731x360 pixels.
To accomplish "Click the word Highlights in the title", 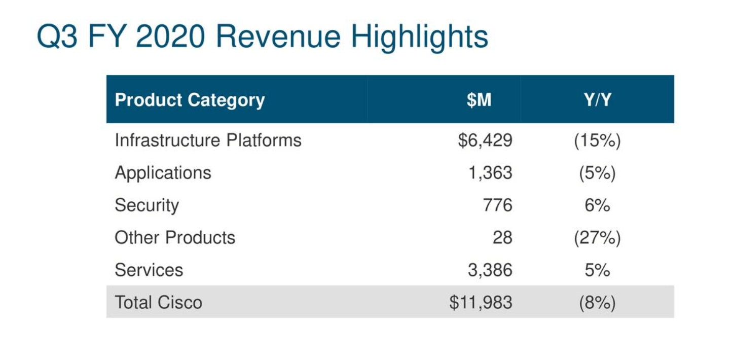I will point(419,37).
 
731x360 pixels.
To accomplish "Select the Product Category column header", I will point(190,100).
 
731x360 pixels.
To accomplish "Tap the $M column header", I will point(479,100).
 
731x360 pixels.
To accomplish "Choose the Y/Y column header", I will point(597,100).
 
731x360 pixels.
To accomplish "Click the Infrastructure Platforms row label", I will point(208,140).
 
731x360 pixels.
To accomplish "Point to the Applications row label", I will point(163,173).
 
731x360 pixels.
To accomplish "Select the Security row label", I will point(147,205).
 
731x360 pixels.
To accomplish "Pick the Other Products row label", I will point(175,238).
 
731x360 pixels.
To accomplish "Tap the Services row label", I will point(149,270).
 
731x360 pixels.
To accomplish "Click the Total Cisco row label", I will point(158,303).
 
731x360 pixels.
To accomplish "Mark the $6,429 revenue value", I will point(485,140).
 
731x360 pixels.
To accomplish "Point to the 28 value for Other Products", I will point(502,238).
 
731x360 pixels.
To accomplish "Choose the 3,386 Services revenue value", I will point(490,270).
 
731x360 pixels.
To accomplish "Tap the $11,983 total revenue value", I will point(481,303).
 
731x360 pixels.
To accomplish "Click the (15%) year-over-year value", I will point(597,140).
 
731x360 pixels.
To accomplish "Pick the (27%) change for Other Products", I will point(597,238).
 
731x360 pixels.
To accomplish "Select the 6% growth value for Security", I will point(597,205).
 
